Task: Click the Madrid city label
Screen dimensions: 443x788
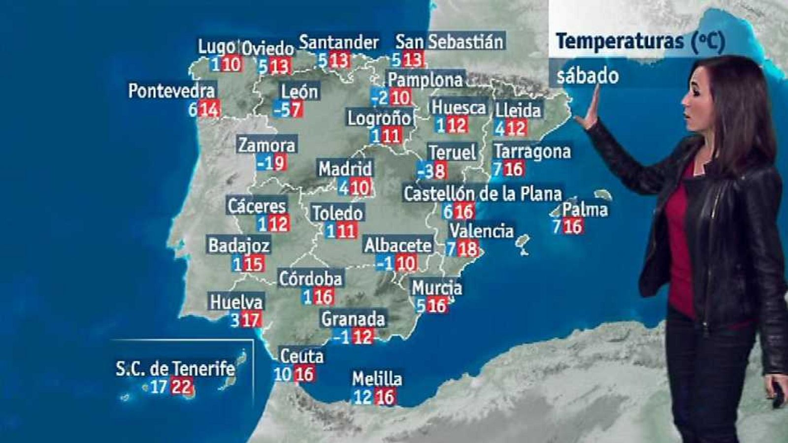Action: [x=345, y=169]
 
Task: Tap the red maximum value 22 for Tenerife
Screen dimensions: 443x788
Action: [x=181, y=386]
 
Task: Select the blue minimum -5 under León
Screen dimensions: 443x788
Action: [x=281, y=109]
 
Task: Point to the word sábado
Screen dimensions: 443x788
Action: [x=587, y=76]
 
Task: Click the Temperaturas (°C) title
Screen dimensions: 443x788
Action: [x=640, y=42]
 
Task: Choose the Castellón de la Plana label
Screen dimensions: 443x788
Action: [x=482, y=193]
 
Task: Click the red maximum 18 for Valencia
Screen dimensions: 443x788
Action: [x=467, y=249]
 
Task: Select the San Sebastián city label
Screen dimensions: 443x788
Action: [x=449, y=42]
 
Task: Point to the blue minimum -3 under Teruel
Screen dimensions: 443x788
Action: [x=425, y=171]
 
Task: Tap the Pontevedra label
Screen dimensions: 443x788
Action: [x=171, y=91]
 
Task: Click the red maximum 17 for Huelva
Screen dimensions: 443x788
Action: [x=251, y=320]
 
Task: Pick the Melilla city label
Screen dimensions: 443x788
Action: [x=377, y=379]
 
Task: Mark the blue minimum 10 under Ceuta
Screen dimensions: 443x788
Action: [x=283, y=375]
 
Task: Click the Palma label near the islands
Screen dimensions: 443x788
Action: [x=585, y=210]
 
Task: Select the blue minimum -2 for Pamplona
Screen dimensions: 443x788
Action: [x=380, y=97]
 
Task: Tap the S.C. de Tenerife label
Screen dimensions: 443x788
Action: [x=175, y=368]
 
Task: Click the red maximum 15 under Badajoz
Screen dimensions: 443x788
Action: [x=254, y=264]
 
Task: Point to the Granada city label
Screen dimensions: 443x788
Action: [x=353, y=319]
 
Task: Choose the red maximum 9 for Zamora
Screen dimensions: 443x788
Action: [x=279, y=162]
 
